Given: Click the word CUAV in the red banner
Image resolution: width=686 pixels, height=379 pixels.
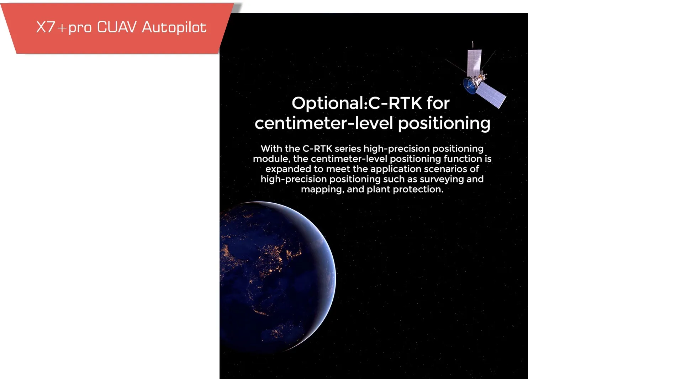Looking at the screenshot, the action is pyautogui.click(x=117, y=27).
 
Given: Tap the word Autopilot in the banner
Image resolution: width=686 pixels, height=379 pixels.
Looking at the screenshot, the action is pyautogui.click(x=174, y=27).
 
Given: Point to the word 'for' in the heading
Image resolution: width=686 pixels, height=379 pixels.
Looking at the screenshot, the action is pyautogui.click(x=438, y=103).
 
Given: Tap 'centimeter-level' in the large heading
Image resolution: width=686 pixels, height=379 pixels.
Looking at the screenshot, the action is pyautogui.click(x=324, y=123).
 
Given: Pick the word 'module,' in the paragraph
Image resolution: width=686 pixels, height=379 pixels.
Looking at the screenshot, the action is pyautogui.click(x=271, y=159).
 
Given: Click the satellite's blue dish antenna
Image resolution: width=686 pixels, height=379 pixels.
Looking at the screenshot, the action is pyautogui.click(x=470, y=86).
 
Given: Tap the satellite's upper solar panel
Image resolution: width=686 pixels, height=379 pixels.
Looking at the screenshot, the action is pyautogui.click(x=474, y=63).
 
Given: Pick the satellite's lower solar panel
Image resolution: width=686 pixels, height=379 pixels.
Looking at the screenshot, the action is pyautogui.click(x=491, y=95).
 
